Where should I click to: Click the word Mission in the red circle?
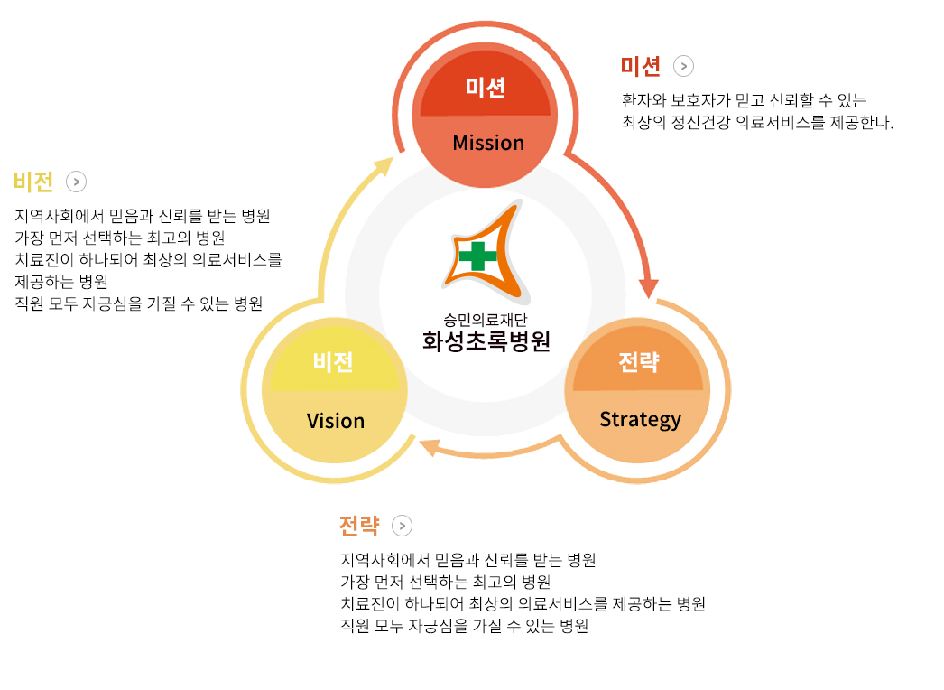click(x=488, y=143)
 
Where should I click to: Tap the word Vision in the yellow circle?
click(x=336, y=421)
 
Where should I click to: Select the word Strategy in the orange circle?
click(x=640, y=419)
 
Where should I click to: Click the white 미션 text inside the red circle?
click(x=486, y=88)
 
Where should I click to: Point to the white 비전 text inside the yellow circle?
click(x=333, y=361)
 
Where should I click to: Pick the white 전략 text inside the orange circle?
click(x=639, y=361)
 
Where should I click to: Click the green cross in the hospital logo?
click(x=477, y=256)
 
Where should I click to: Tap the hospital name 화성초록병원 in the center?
click(x=486, y=341)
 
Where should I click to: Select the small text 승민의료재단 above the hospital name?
click(x=486, y=320)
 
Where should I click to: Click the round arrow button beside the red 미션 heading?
click(x=683, y=66)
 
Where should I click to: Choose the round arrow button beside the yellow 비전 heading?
click(x=77, y=182)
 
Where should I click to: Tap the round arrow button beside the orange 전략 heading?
click(x=403, y=526)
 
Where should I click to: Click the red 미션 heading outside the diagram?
click(x=641, y=66)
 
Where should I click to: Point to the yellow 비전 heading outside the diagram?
click(x=33, y=182)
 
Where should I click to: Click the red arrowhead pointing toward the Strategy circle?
click(x=648, y=288)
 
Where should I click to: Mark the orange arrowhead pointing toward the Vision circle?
click(x=430, y=447)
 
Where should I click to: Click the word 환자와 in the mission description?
click(x=643, y=100)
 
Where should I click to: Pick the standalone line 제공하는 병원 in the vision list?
click(x=61, y=282)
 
